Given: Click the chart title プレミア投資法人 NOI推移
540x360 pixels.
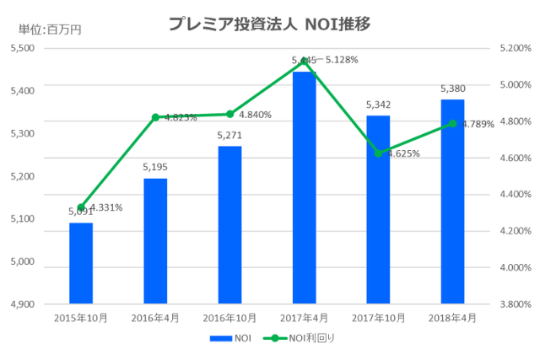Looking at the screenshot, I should point(269,24).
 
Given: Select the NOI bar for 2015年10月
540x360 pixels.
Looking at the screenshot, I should point(81,262).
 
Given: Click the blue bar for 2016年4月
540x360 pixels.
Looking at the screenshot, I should point(155,240).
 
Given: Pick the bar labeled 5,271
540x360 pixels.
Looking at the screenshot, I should point(229,224).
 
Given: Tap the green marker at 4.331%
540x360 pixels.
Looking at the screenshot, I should point(81,207).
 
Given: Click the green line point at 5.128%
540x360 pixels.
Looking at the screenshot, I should point(304,62).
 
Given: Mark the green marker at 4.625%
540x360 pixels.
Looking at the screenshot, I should point(378,153).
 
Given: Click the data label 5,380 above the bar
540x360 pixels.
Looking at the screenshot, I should point(452,88).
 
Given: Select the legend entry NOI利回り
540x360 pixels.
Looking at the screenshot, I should point(296,338).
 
